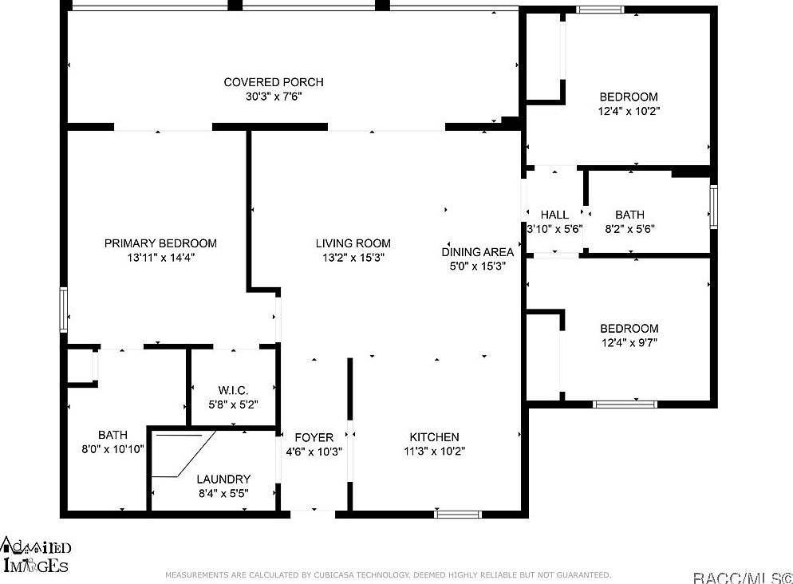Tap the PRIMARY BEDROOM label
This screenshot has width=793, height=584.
[x=160, y=243]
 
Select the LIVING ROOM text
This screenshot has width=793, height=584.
[x=353, y=243]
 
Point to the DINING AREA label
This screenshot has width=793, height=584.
[x=477, y=252]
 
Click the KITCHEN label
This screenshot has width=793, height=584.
[x=434, y=436]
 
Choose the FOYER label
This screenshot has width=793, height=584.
[x=314, y=436]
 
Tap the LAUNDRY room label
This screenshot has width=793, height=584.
[x=223, y=479]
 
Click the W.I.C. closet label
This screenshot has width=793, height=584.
[x=233, y=390]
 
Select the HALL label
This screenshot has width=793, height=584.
[x=554, y=215]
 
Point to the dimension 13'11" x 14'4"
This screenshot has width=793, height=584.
[x=160, y=258]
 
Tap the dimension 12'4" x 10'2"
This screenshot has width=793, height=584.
[x=629, y=111]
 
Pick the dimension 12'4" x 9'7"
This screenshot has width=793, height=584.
[x=629, y=343]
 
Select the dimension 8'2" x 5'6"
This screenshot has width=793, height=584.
[x=629, y=228]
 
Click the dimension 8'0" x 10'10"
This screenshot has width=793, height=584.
[x=112, y=449]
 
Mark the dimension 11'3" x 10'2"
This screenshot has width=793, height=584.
[x=434, y=451]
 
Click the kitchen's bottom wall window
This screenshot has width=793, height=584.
[x=458, y=514]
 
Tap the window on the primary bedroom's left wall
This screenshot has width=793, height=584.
[x=63, y=310]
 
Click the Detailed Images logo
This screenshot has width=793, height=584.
[x=36, y=555]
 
